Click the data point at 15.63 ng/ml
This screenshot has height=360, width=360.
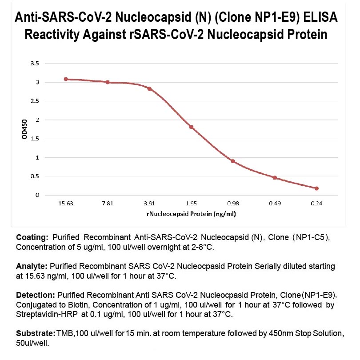coord(66,79)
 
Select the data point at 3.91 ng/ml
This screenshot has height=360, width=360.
coord(149,89)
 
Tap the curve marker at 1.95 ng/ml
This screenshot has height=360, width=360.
coord(191,127)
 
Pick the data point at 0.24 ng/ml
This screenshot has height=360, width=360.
coord(316,188)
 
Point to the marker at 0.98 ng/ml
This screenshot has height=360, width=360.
coord(233,161)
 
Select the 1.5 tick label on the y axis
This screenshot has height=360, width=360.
coord(35,139)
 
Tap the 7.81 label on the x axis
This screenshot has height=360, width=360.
coord(108,204)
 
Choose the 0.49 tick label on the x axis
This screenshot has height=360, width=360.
coord(275,204)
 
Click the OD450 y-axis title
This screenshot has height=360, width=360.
coord(25,129)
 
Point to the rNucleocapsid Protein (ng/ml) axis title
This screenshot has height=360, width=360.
coord(191,214)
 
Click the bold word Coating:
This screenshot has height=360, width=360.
coord(32,236)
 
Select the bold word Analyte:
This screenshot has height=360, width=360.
coord(32,266)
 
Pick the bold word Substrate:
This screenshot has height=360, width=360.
coord(35,333)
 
